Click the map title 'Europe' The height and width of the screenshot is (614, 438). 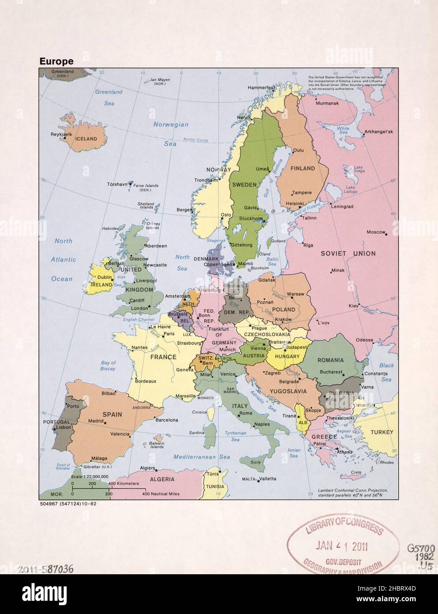[x=57, y=61]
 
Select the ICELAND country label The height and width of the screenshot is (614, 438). [x=86, y=139]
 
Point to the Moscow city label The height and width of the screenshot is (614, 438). [x=376, y=232]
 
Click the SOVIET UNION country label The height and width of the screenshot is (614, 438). [x=348, y=254]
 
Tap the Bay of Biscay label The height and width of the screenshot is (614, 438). [x=108, y=366]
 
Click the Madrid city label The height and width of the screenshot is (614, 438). [x=95, y=421]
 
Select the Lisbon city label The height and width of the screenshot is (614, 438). [x=64, y=427]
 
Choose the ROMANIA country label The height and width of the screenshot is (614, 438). [x=330, y=360]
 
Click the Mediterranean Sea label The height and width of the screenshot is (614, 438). [x=201, y=457]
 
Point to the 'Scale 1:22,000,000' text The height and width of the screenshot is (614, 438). [x=90, y=477]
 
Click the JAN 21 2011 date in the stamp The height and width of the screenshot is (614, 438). [x=342, y=546]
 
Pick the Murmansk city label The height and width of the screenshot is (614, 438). [x=327, y=103]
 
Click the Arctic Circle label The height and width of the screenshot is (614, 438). [x=196, y=140]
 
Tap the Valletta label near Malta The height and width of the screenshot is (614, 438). [x=268, y=479]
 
